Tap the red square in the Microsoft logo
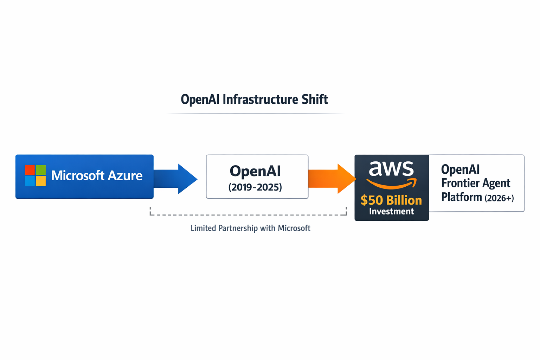point(30,170)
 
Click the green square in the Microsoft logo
point(41,170)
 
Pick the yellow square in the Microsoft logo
point(41,181)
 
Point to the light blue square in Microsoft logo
point(30,181)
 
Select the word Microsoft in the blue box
point(78,175)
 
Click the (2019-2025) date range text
point(255,187)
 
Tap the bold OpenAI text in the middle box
point(255,171)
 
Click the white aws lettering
point(391,169)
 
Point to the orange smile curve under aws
point(391,184)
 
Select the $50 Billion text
point(391,200)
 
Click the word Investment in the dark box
point(391,211)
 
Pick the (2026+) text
point(499,198)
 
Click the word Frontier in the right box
point(458,183)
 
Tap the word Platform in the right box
point(461,197)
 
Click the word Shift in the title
point(315,99)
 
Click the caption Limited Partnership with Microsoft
point(250,229)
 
